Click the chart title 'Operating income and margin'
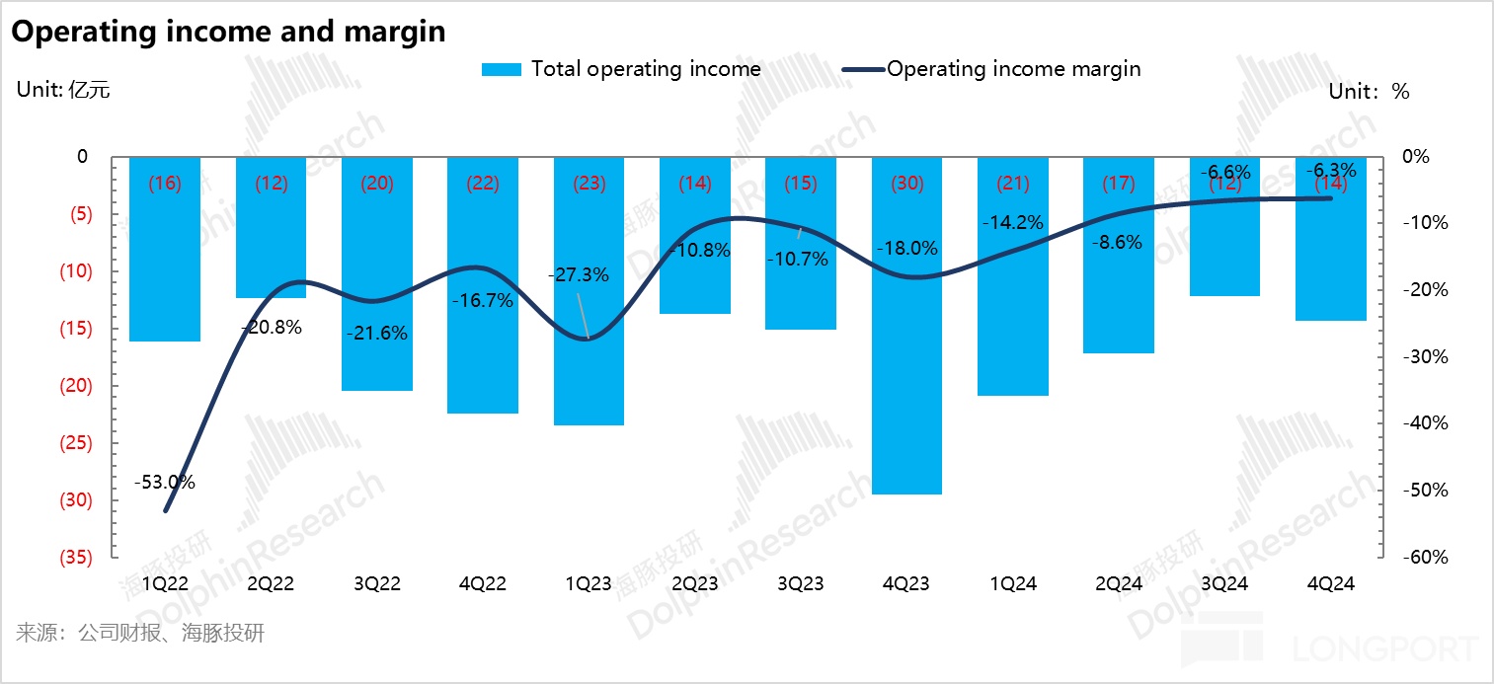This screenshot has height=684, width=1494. pyautogui.click(x=228, y=32)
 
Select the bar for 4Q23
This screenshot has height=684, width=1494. pyautogui.click(x=906, y=326)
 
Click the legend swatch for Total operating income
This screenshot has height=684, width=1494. pyautogui.click(x=501, y=69)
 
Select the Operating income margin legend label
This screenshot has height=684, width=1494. pyautogui.click(x=1014, y=69)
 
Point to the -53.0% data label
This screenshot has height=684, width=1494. pyautogui.click(x=165, y=483)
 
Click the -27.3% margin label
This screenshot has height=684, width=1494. pyautogui.click(x=579, y=275)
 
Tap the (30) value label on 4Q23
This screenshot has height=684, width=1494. pyautogui.click(x=906, y=183)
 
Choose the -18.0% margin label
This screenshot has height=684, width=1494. pyautogui.click(x=906, y=249)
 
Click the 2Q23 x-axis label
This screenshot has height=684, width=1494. pyautogui.click(x=694, y=583)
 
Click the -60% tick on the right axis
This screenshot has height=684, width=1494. pyautogui.click(x=1426, y=558)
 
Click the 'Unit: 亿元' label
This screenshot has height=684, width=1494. pyautogui.click(x=63, y=91)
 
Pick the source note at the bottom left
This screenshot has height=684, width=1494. pyautogui.click(x=140, y=633)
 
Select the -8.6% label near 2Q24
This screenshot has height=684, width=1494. pyautogui.click(x=1118, y=242)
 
